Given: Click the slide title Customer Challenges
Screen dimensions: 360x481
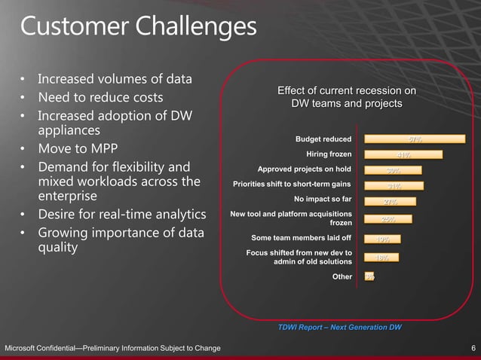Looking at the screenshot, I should click(x=138, y=27).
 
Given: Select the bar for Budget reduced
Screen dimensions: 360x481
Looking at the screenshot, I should click(x=415, y=139).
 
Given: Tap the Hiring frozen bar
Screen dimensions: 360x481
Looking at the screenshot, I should click(x=403, y=154).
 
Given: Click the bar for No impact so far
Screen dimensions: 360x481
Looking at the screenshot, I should click(x=390, y=201).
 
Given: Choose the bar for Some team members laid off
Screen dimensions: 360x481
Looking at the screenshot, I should click(x=382, y=239).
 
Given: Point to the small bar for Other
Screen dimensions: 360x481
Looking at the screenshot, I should click(x=369, y=277).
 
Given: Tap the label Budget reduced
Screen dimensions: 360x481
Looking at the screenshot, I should click(x=323, y=139).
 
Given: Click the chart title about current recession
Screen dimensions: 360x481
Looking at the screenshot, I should click(x=347, y=97).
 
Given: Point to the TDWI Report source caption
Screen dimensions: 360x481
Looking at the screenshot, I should click(x=339, y=328).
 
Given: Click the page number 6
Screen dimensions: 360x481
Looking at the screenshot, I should click(x=473, y=348).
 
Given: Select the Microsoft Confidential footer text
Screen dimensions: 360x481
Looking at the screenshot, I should click(x=113, y=348).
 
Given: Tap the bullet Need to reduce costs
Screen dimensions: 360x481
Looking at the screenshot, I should click(x=100, y=98).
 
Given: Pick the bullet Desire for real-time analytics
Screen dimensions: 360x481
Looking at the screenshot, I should click(x=121, y=215).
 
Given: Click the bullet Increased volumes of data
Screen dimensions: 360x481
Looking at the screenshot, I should click(x=115, y=79).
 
